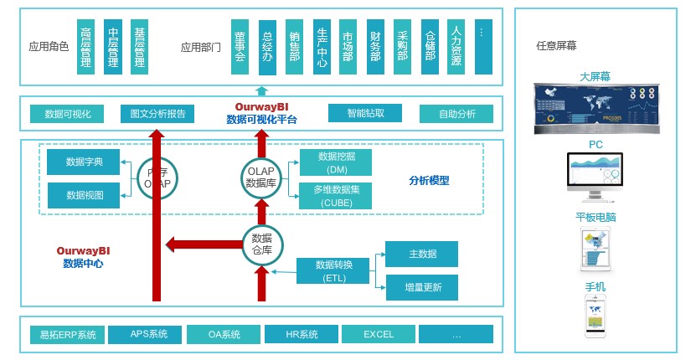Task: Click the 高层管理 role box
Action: pyautogui.click(x=85, y=46)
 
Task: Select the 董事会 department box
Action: pyautogui.click(x=240, y=46)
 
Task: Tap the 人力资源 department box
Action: pyautogui.click(x=456, y=46)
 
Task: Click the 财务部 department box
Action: pyautogui.click(x=375, y=46)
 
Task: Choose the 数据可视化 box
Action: pyautogui.click(x=66, y=114)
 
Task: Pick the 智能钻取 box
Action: pyautogui.click(x=364, y=113)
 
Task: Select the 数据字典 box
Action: pyautogui.click(x=84, y=162)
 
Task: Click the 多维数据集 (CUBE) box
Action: pyautogui.click(x=336, y=195)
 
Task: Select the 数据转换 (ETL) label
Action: pyautogui.click(x=333, y=271)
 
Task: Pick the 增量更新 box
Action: pyautogui.click(x=421, y=288)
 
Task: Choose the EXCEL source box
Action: pyautogui.click(x=379, y=335)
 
